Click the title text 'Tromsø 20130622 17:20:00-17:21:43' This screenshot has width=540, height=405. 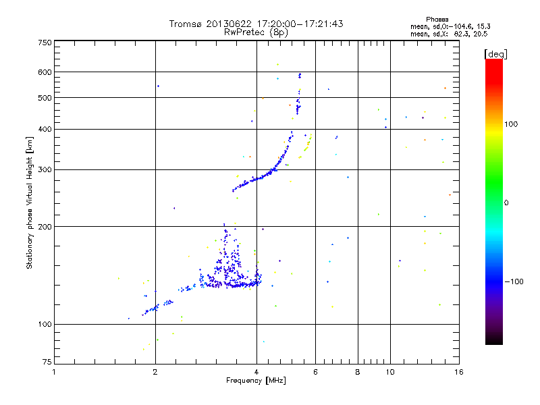[x=256, y=24]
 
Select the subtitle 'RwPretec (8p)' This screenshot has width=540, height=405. [x=256, y=32]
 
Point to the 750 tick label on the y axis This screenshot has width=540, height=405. [x=45, y=42]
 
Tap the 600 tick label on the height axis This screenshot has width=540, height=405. [x=45, y=72]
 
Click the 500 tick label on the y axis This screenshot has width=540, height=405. [x=45, y=98]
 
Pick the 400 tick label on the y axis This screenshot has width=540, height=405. [x=45, y=129]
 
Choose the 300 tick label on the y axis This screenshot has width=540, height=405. [x=45, y=169]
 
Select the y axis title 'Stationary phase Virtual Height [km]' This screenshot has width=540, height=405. [x=30, y=202]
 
